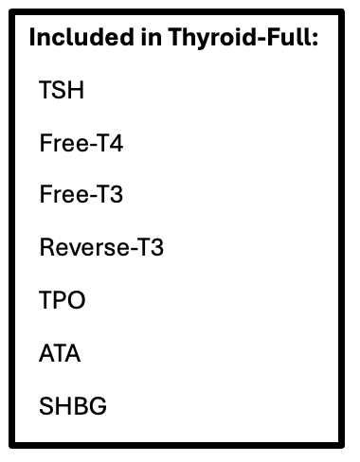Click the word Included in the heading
pyautogui.click(x=81, y=37)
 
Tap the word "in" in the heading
pyautogui.click(x=152, y=37)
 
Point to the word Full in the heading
pyautogui.click(x=289, y=37)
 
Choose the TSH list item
pyautogui.click(x=62, y=90)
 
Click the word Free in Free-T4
pyautogui.click(x=64, y=143)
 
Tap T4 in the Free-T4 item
pyautogui.click(x=110, y=143)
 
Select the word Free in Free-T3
pyautogui.click(x=64, y=194)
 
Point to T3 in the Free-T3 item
pyautogui.click(x=110, y=194)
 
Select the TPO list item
pyautogui.click(x=63, y=300)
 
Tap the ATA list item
pyautogui.click(x=60, y=353)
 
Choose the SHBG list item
pyautogui.click(x=73, y=406)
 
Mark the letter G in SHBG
pyautogui.click(x=99, y=406)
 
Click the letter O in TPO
pyautogui.click(x=76, y=300)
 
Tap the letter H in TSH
pyautogui.click(x=76, y=90)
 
